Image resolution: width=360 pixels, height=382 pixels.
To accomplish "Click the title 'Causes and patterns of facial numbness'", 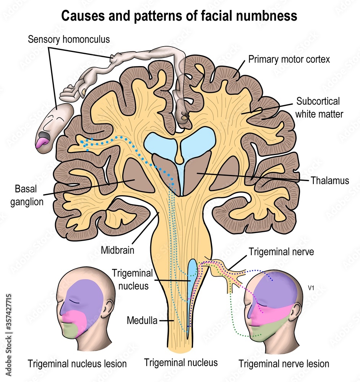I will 179,16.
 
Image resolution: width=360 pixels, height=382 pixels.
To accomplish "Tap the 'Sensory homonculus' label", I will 69,39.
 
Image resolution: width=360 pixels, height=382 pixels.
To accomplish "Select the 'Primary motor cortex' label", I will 289,59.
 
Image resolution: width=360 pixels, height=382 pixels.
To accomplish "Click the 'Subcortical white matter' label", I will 318,107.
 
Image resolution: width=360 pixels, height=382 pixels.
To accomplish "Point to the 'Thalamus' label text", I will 330,180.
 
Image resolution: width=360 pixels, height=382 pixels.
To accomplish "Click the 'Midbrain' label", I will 118,251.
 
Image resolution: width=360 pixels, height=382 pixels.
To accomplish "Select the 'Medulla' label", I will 142,320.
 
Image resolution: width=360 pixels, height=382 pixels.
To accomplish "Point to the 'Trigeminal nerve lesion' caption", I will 284,363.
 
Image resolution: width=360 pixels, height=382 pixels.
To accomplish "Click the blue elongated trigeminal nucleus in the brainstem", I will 191,290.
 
